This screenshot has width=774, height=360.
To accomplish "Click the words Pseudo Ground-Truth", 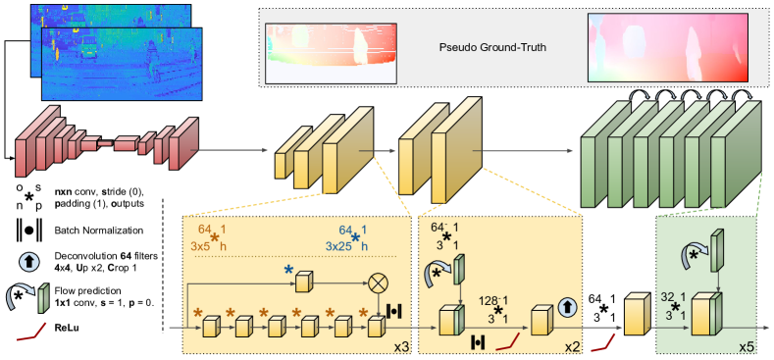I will (490, 47).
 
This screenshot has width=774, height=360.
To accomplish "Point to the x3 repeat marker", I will (400, 346).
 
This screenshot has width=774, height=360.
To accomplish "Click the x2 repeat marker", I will (571, 346).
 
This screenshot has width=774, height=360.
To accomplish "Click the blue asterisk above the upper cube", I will (288, 268).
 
